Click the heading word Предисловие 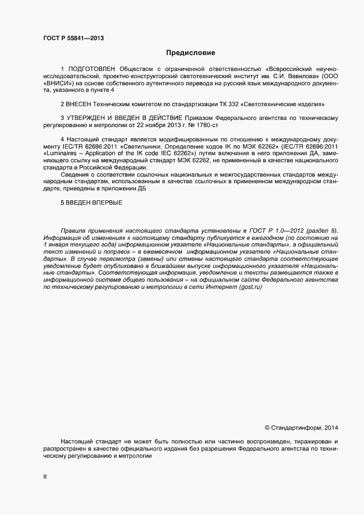pos(191,53)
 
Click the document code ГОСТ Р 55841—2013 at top pos(73,39)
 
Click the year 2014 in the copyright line pos(332,428)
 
